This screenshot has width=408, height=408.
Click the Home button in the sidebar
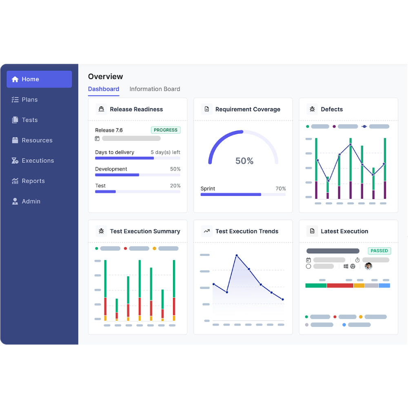tap(39, 79)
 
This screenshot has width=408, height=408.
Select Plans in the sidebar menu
tap(29, 100)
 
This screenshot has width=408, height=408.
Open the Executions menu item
tap(38, 161)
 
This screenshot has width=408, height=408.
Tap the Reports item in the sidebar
tap(33, 181)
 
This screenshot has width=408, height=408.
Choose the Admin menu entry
tap(31, 202)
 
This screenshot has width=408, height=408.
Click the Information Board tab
tap(155, 89)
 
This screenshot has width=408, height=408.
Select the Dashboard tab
tap(104, 89)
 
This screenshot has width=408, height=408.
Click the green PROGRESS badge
tap(166, 130)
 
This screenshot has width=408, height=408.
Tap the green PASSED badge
tap(379, 251)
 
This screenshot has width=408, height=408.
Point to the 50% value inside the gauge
tap(244, 161)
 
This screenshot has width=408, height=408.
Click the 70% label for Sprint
tap(281, 189)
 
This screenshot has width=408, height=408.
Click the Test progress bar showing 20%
tap(137, 191)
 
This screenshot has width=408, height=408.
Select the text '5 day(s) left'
tap(165, 152)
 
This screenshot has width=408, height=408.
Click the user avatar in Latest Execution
tap(368, 266)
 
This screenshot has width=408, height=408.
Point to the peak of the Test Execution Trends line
tap(237, 255)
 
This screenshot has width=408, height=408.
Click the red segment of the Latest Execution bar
tap(340, 286)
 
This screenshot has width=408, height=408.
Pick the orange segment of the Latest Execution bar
tap(359, 286)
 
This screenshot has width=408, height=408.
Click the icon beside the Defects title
tap(312, 109)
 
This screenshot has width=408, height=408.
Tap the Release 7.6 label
tap(109, 130)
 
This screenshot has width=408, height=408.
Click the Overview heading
tap(105, 77)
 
